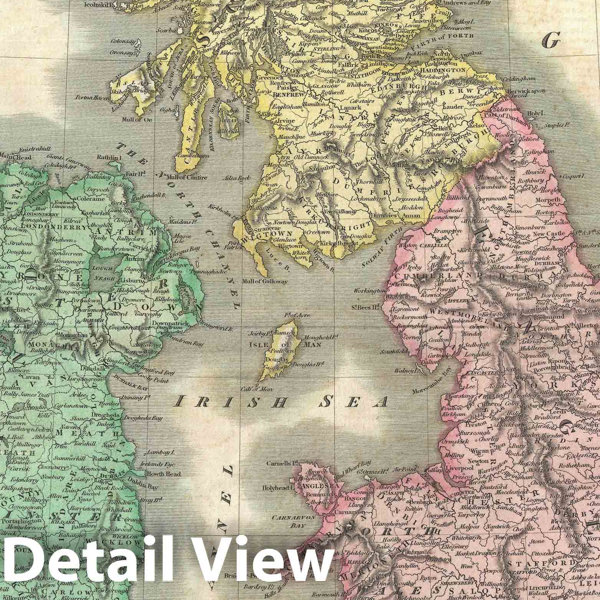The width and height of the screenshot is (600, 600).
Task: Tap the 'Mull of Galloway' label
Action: tap(265, 282)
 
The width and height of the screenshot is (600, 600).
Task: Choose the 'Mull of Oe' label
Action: tap(136, 119)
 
